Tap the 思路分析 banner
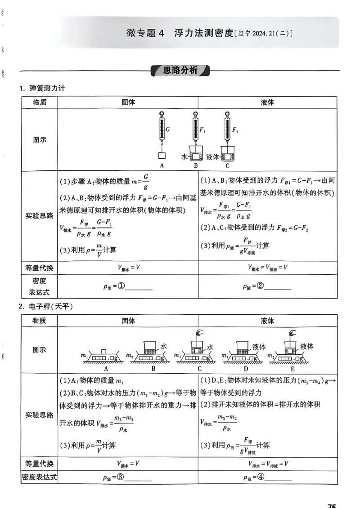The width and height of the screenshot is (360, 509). (180, 71)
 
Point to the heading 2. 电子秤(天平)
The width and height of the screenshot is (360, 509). (45, 307)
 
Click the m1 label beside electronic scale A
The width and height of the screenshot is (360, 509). (84, 356)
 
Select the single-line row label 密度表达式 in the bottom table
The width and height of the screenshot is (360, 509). (39, 478)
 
